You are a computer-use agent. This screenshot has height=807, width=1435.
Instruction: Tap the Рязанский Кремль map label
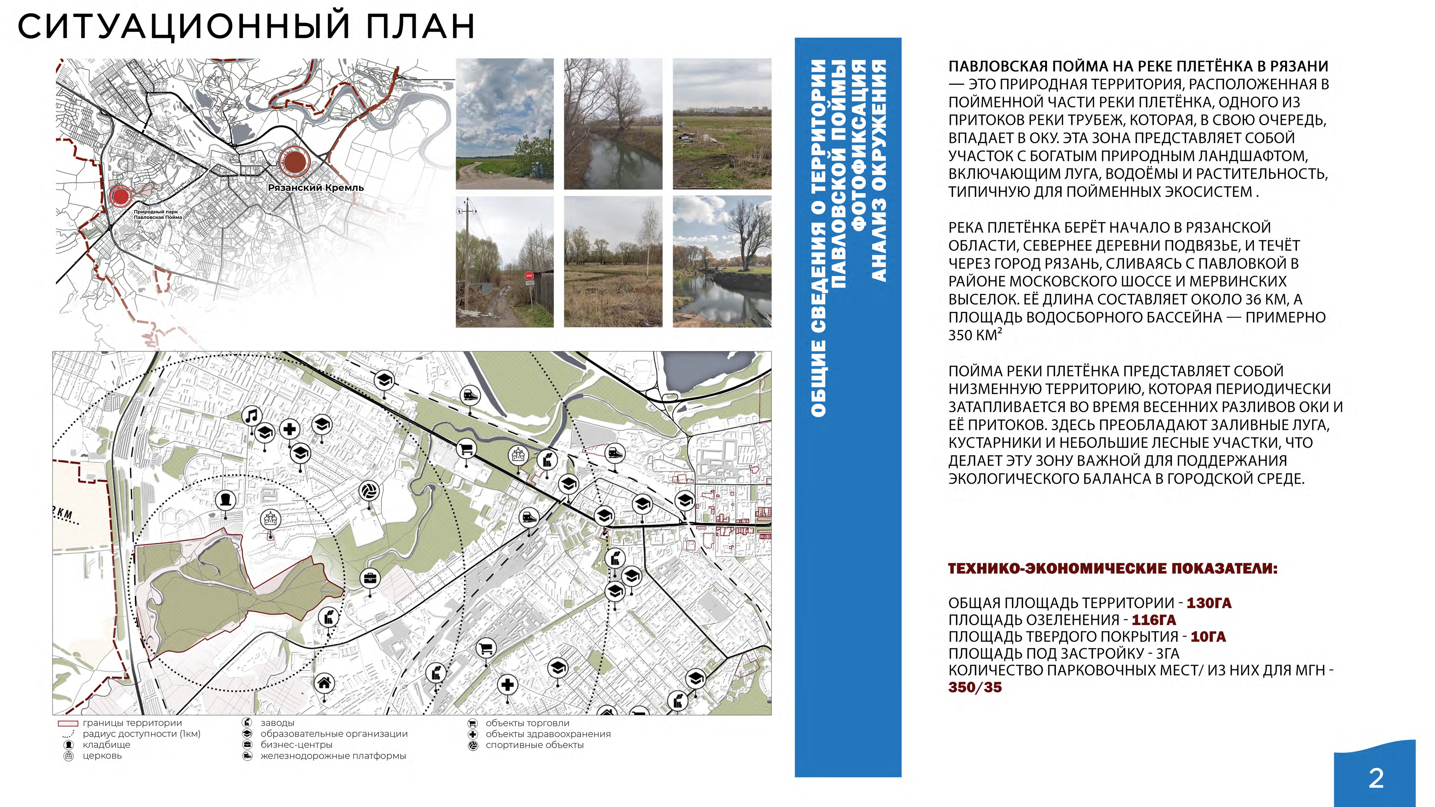click(316, 188)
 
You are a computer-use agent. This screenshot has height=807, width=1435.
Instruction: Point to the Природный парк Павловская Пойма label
click(158, 214)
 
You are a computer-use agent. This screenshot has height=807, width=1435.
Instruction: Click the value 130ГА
click(1209, 603)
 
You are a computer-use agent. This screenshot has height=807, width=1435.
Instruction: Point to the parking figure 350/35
click(975, 687)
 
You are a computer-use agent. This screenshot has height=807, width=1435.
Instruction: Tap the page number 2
click(1376, 778)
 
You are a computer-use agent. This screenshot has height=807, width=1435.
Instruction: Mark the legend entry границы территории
click(132, 723)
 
